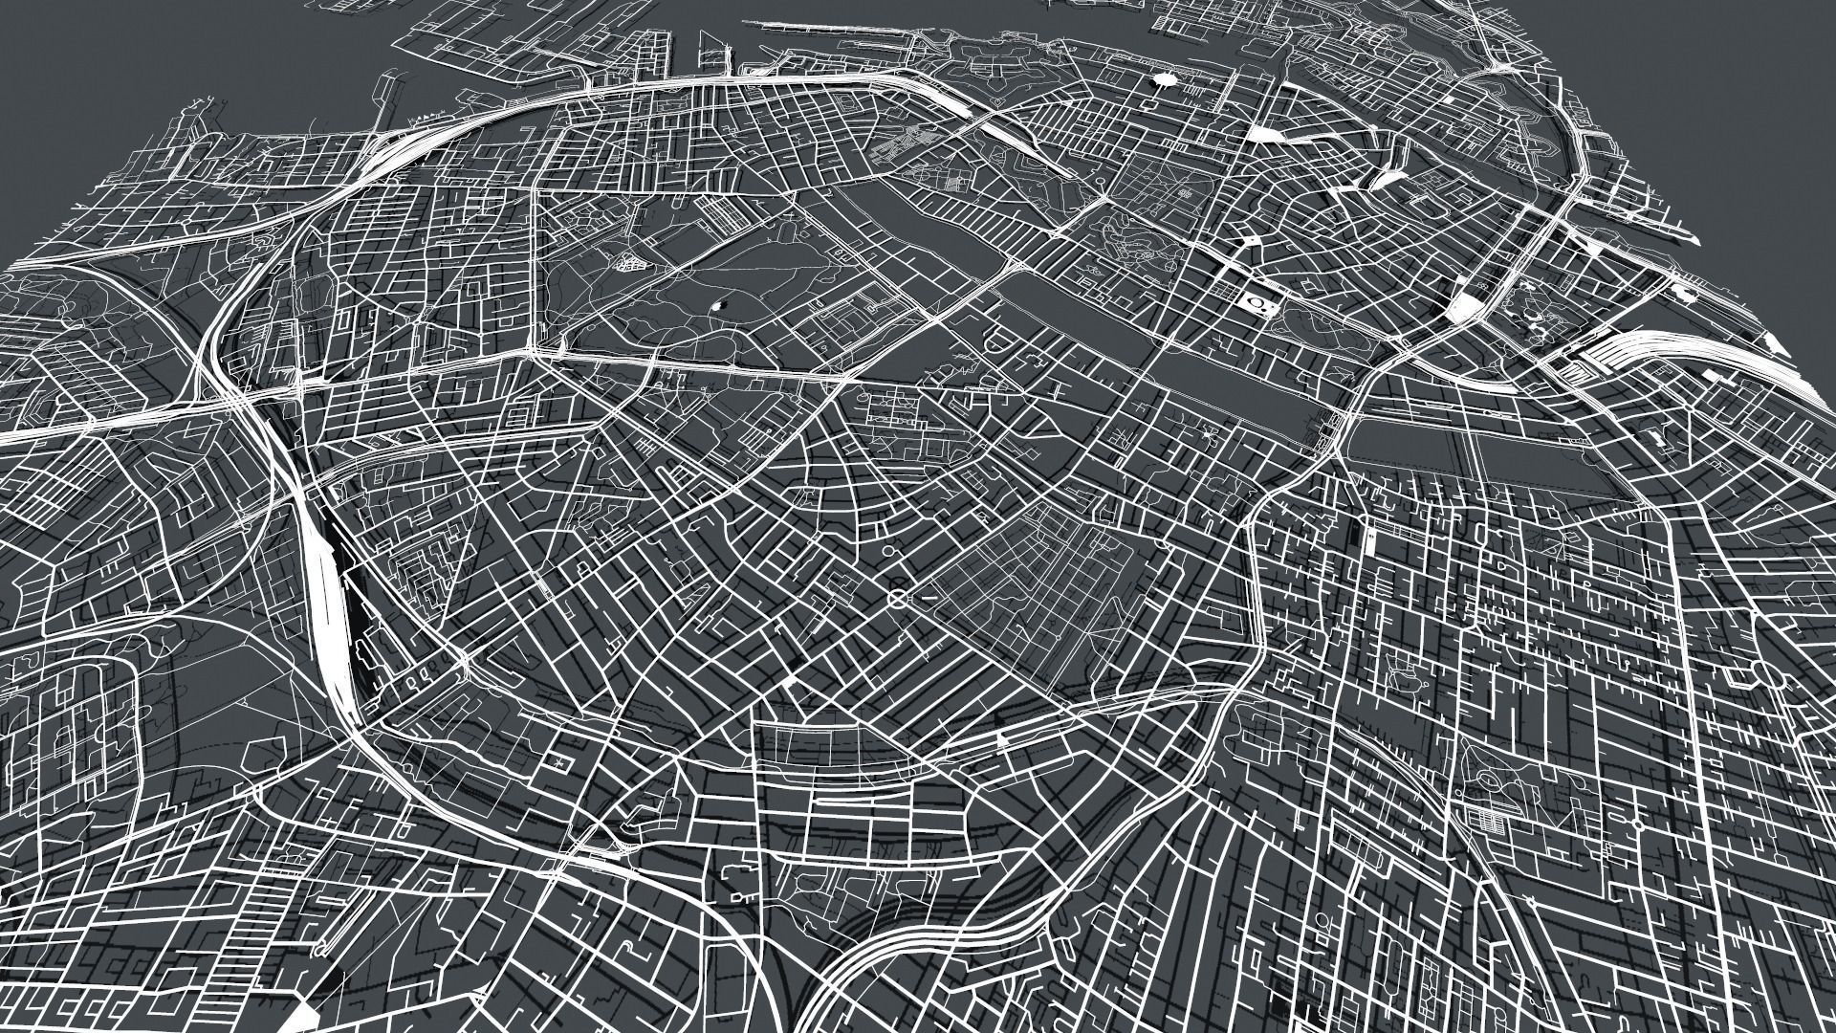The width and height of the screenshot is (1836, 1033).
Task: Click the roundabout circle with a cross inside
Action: click(x=897, y=598)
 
